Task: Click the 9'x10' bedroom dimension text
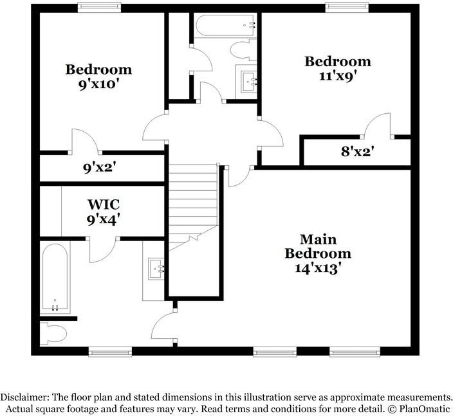(x=98, y=85)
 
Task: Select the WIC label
(x=104, y=204)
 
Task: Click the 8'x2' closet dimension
(x=358, y=153)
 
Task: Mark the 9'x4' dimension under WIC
(x=104, y=219)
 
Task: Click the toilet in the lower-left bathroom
(x=53, y=333)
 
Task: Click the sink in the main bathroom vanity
(x=155, y=267)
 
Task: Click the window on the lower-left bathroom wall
(x=110, y=351)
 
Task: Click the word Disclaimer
(x=24, y=397)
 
